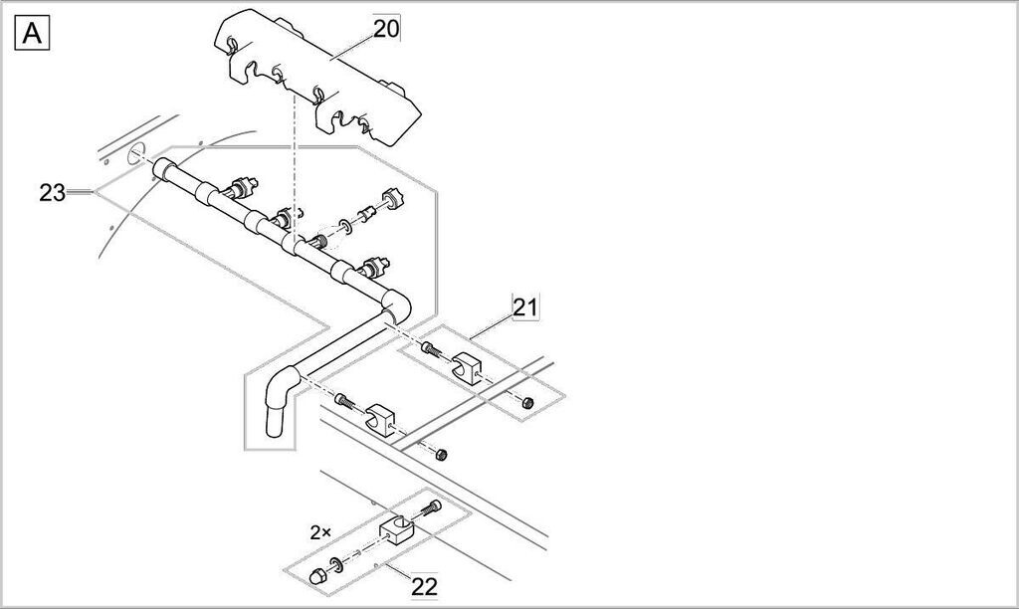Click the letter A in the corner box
click(x=33, y=34)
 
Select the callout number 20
click(x=386, y=28)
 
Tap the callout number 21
click(x=525, y=307)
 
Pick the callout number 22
click(x=424, y=586)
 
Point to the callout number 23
click(x=52, y=192)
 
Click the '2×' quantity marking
click(x=319, y=532)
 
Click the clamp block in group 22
click(x=396, y=528)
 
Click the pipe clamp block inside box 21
click(x=466, y=366)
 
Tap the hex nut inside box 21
click(x=527, y=402)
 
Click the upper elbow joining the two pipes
click(x=395, y=303)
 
